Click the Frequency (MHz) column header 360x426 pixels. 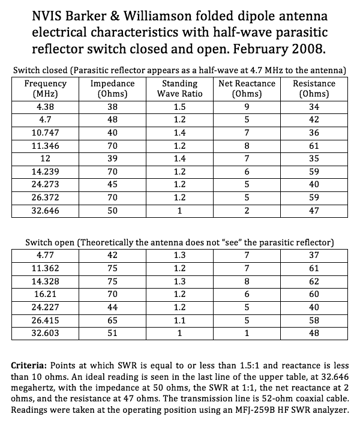[x=47, y=89]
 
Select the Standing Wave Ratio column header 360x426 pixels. [x=180, y=89]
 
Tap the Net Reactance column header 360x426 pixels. [x=248, y=89]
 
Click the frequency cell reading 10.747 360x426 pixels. [x=47, y=131]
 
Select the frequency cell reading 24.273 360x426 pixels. [x=47, y=184]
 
